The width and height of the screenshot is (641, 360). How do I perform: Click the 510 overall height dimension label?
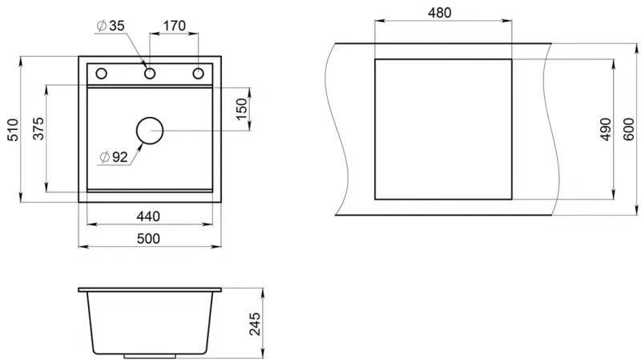pos(13,130)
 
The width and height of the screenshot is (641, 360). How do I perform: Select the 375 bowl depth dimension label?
pos(38,128)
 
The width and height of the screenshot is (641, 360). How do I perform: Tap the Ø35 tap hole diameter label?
pos(111,26)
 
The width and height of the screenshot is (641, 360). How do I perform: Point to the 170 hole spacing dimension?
pos(175,26)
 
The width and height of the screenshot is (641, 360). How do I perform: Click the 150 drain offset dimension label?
pos(242,109)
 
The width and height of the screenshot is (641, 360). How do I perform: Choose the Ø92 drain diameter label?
pos(114,156)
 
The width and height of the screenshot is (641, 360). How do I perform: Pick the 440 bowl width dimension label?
pos(148,216)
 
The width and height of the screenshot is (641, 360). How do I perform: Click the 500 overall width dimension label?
pos(148,238)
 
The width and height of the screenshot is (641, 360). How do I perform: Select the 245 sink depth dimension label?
pos(255,324)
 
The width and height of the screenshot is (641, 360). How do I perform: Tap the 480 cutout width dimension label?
pos(439,13)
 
